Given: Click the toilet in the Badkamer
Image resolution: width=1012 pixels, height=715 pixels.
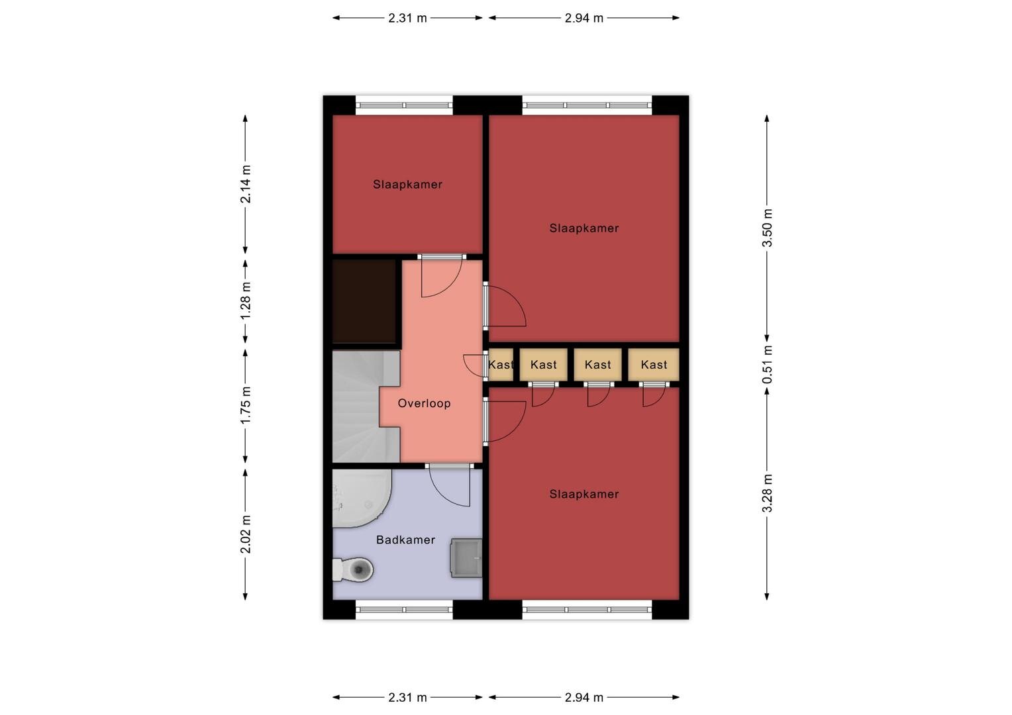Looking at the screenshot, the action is click(353, 569).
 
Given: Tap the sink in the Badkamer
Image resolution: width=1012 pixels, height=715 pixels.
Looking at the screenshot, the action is click(466, 557).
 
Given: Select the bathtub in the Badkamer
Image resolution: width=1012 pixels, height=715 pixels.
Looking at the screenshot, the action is click(362, 499).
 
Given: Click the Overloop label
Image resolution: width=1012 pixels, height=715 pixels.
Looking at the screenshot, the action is click(424, 403).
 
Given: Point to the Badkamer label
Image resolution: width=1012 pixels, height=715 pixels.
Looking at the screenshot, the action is click(406, 540).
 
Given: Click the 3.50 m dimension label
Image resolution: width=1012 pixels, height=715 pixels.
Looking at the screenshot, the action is click(767, 228).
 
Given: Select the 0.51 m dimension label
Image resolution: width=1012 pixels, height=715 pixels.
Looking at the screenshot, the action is click(767, 365).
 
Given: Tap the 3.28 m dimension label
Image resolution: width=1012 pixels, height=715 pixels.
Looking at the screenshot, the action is click(767, 494).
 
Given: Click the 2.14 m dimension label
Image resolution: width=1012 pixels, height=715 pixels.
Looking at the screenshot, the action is click(245, 184).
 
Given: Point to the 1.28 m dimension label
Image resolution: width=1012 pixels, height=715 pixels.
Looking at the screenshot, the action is click(245, 301).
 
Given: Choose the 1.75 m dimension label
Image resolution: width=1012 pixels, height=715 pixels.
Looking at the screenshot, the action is click(245, 405).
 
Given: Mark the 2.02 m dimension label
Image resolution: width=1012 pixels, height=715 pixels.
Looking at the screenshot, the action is click(245, 534).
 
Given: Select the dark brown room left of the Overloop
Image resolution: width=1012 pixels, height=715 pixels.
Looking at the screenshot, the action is click(364, 301).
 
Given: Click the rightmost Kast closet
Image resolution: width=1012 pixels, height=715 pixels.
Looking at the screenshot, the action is click(653, 365).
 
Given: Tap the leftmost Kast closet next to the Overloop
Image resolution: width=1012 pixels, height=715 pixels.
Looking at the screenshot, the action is click(501, 365).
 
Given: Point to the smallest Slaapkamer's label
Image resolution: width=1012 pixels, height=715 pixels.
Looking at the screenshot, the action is click(407, 184).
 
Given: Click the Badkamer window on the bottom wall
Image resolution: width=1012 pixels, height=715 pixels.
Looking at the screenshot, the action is click(405, 610).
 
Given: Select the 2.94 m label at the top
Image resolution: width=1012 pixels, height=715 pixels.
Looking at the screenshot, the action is click(583, 18).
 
